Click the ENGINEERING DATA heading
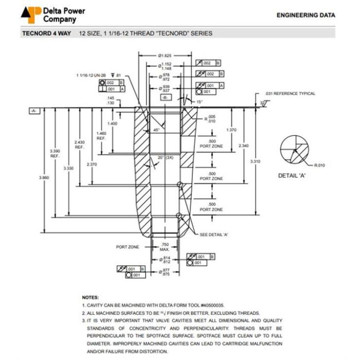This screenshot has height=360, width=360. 305,15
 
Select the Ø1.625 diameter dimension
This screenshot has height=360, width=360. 165,55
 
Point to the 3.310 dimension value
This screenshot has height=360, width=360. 255,161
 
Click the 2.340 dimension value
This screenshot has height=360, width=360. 243,146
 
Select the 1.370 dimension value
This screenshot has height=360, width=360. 231,130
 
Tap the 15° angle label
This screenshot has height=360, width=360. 200,101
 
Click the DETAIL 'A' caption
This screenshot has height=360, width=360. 293,175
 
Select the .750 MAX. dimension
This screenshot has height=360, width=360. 165,247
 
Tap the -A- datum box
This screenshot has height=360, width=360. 34,111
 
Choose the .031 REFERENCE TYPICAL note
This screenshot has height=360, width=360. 290,94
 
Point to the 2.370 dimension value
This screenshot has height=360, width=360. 92,164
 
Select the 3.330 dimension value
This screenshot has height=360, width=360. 68,168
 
